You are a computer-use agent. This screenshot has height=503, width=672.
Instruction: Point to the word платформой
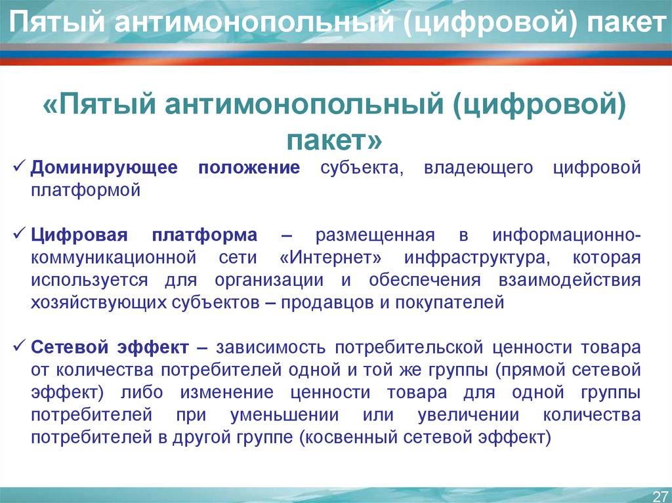85,190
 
